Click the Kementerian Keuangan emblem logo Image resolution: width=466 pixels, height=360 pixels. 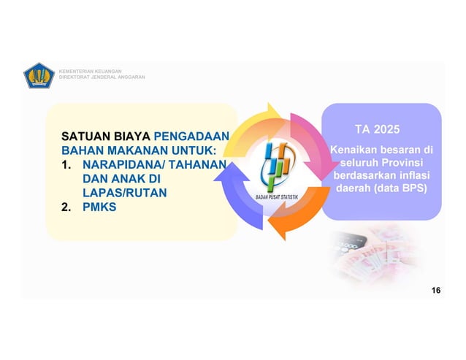[38, 74]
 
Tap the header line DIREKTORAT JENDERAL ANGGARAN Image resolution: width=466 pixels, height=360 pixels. [102, 77]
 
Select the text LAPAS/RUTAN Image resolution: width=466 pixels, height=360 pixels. [124, 193]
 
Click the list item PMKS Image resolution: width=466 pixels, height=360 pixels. [99, 207]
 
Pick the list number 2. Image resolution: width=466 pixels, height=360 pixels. [66, 207]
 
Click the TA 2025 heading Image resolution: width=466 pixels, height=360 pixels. [377, 130]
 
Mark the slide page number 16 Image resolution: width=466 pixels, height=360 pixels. [436, 291]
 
